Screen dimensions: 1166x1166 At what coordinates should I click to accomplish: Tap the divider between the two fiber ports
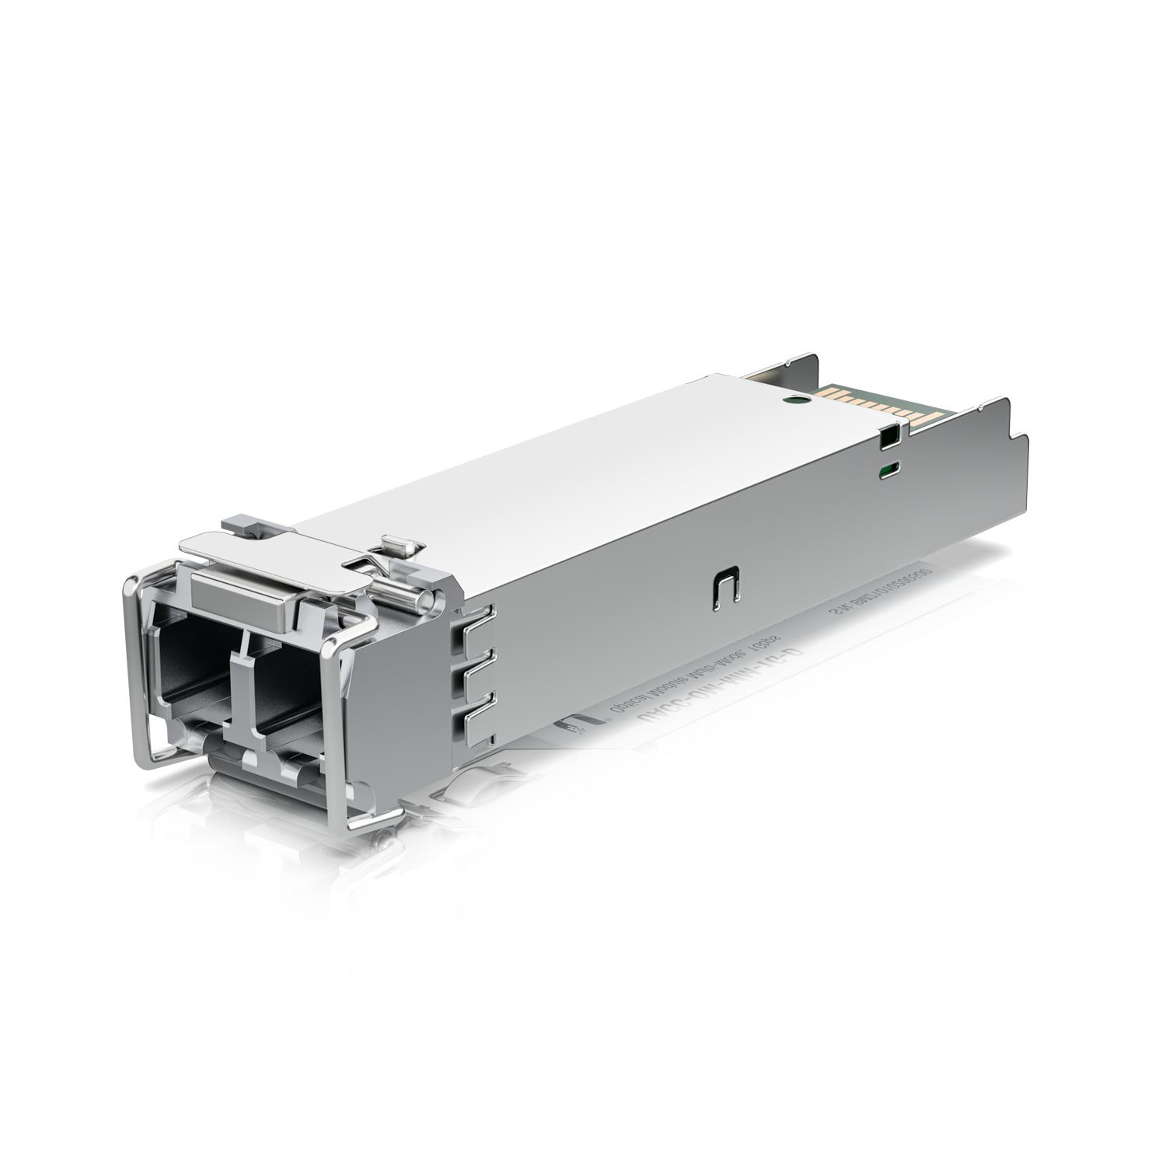[243, 684]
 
